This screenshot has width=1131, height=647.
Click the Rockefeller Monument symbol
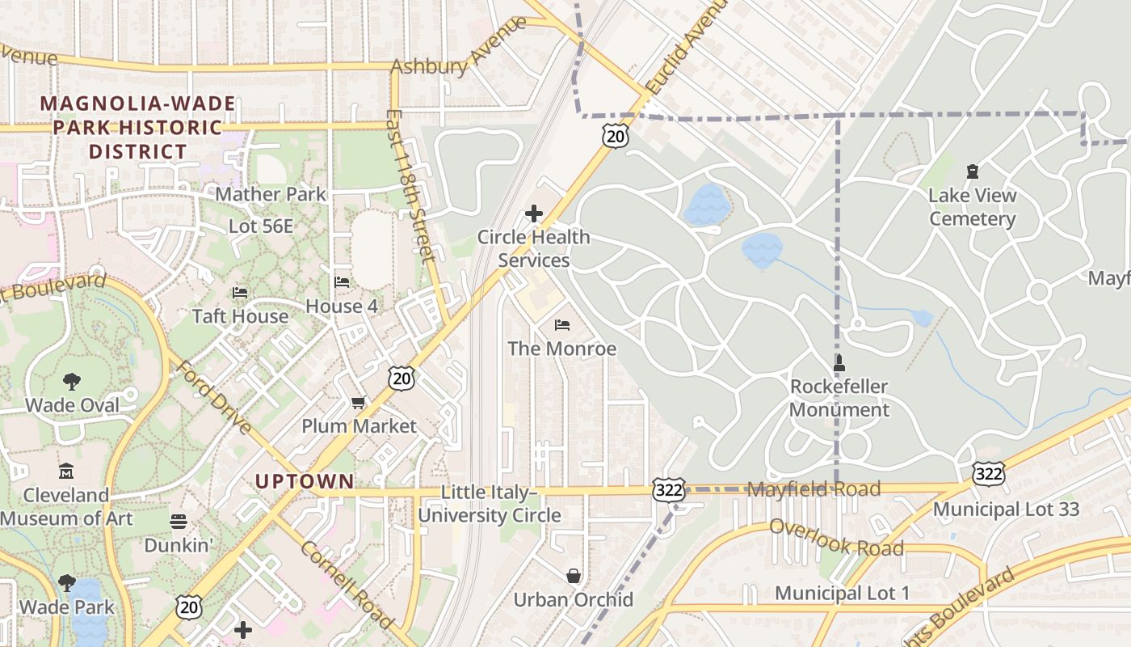[x=839, y=363]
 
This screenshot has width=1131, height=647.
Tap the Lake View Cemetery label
[x=972, y=207]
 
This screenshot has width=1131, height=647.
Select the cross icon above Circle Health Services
[x=533, y=214]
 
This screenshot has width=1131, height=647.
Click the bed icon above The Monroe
[x=562, y=325]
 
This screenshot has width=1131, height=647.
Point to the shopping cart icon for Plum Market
[x=359, y=402]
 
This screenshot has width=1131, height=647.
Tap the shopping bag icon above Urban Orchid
[x=573, y=576]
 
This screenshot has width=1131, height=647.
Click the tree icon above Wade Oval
[x=72, y=381]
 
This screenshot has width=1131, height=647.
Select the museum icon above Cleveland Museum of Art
[x=66, y=471]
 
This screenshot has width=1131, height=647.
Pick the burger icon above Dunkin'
[x=179, y=522]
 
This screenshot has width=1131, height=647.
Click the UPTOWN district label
[x=305, y=481]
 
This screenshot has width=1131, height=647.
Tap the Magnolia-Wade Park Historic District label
[x=137, y=128]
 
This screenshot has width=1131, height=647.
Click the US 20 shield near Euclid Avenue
[x=616, y=136]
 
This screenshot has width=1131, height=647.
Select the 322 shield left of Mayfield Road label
[x=670, y=489]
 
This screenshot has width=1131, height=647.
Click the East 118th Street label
[x=411, y=186]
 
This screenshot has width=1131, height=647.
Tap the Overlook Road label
[x=836, y=538]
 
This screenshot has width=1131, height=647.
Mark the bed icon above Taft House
[x=240, y=292]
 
